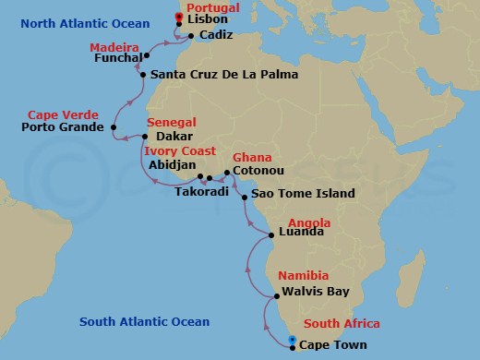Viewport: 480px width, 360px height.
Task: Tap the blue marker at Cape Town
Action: (x=292, y=342)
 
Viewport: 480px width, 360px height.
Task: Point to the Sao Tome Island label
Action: (x=304, y=195)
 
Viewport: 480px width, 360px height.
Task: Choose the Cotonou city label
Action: (x=258, y=172)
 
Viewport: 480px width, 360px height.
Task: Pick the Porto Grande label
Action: (x=63, y=127)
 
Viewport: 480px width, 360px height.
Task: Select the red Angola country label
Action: (x=309, y=222)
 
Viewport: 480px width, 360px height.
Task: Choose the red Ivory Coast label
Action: (x=180, y=151)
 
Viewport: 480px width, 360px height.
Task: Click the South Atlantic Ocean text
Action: (x=144, y=322)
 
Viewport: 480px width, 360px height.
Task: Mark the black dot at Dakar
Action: (x=144, y=136)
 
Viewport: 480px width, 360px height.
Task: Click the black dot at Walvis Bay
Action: (x=277, y=296)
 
